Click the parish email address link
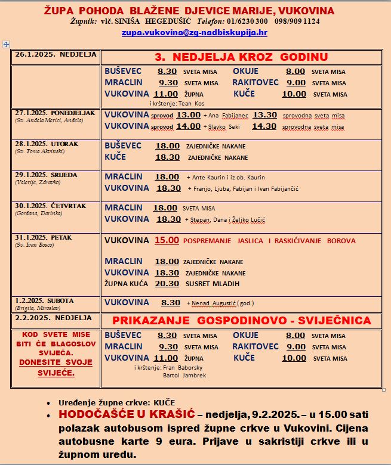194,32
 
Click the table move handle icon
6,44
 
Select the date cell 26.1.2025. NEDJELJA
56,54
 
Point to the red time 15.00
167,241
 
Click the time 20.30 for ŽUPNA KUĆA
167,284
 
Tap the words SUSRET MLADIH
213,284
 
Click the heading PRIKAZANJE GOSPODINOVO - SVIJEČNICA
241,321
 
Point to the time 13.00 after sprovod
188,114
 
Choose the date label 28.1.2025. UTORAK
47,144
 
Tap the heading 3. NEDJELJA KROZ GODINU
241,57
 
